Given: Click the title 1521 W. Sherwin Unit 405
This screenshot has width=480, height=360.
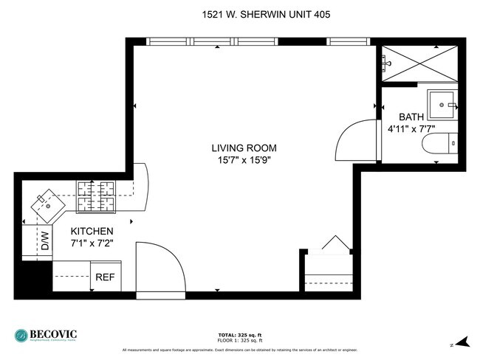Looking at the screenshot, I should pos(241,13).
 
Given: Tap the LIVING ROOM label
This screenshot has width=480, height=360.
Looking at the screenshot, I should pos(241,148).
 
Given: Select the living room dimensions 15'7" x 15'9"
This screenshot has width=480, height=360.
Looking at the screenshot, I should pos(241,161).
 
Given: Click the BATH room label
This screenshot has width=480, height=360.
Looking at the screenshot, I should pos(411,117).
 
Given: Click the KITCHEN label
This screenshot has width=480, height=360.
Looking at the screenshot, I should pos(92,231).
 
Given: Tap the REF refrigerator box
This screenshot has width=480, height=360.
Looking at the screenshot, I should pos(105,278).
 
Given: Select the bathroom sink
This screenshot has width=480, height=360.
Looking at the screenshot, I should pos(445,104).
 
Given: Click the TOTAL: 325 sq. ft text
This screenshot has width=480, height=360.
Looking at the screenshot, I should pos(240,335).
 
